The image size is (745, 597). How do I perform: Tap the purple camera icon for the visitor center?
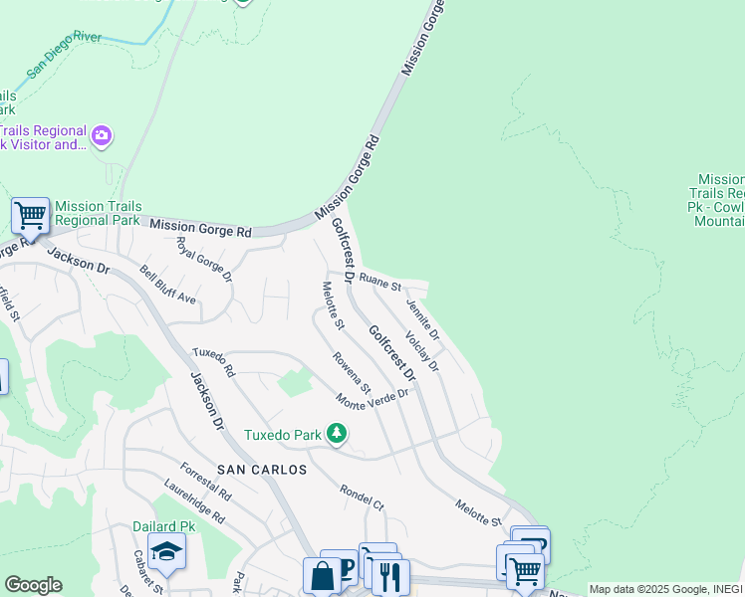101,136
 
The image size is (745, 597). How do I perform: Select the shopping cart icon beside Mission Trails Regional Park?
30,214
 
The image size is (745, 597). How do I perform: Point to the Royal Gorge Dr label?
203,258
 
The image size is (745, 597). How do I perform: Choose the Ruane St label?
379,282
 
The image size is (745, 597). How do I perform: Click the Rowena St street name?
352,373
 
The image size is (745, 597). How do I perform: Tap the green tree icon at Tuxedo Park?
338,433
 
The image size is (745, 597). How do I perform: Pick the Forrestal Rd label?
205,481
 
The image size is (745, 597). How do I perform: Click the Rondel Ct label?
362,497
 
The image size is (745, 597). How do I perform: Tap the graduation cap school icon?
165,551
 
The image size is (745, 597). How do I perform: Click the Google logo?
33,584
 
